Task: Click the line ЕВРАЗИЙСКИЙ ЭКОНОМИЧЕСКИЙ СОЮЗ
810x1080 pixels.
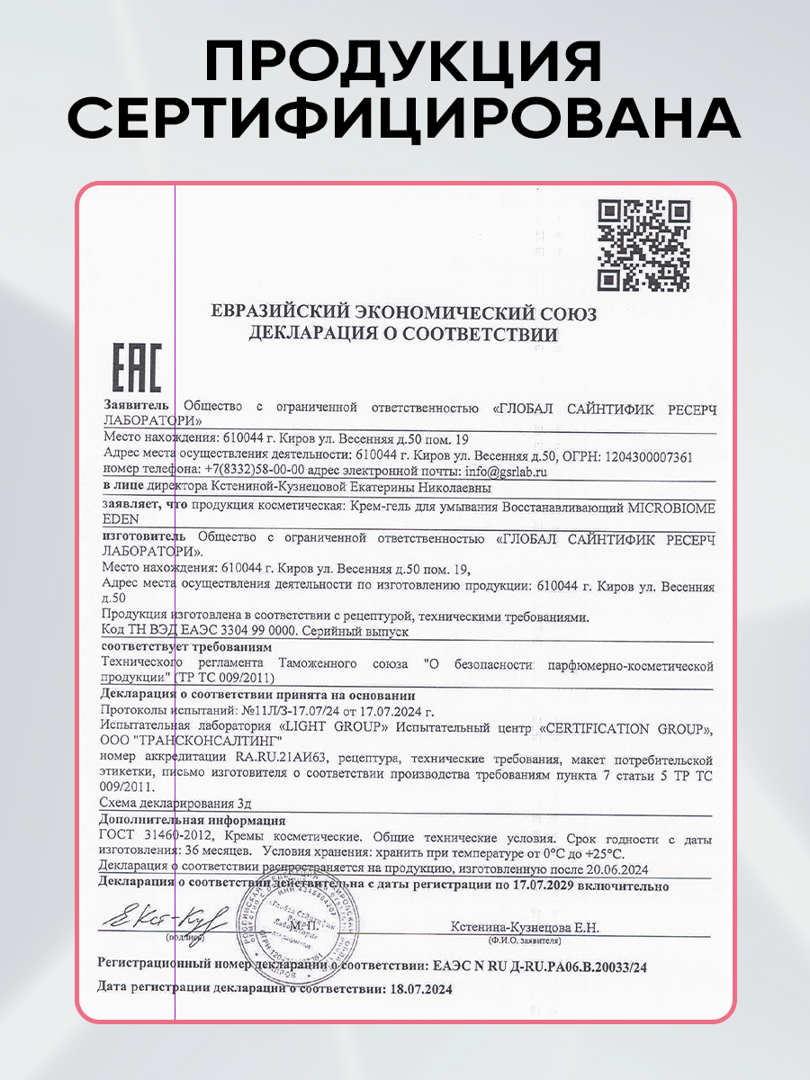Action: click(x=403, y=313)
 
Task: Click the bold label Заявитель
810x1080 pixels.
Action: click(x=136, y=406)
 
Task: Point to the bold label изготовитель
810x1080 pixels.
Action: click(x=145, y=537)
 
